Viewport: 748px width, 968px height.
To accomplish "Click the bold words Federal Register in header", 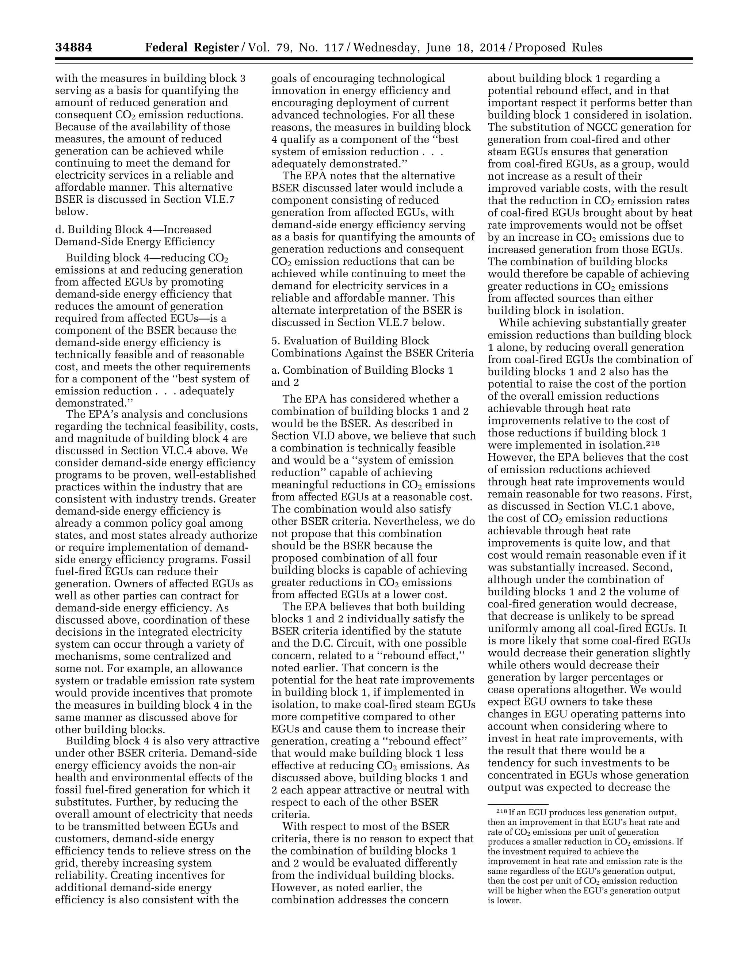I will (x=192, y=47).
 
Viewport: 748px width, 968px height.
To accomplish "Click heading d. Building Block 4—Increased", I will (x=133, y=230).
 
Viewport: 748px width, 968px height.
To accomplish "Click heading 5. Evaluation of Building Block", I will (x=350, y=340).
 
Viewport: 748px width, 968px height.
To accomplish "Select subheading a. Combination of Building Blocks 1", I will (x=362, y=370).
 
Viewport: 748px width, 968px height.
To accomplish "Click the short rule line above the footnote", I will (x=518, y=804).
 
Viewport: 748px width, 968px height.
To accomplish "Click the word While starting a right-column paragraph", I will (x=512, y=323).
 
